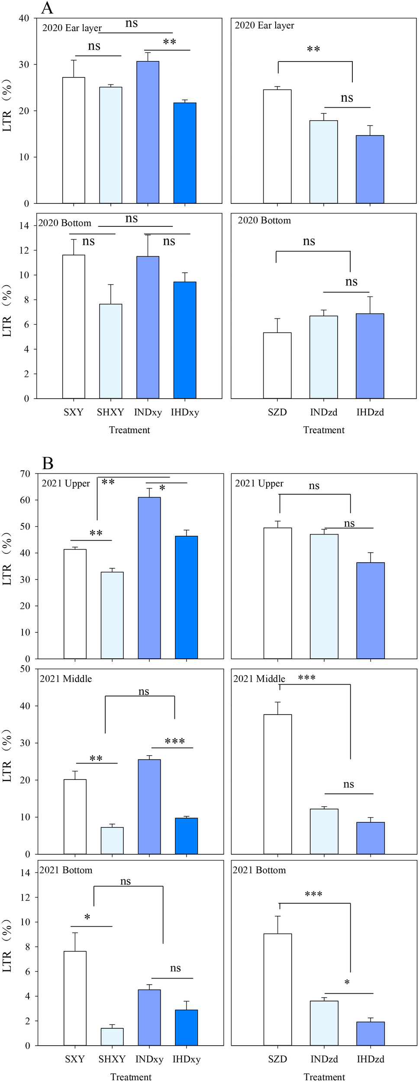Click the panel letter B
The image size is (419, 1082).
click(48, 464)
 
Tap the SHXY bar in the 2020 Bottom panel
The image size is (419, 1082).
click(111, 351)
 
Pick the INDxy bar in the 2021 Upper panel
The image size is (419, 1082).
click(149, 578)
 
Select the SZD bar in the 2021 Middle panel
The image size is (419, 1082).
click(277, 784)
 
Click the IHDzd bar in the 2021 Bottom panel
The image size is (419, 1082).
click(371, 1034)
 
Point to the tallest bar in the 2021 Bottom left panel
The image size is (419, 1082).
click(75, 998)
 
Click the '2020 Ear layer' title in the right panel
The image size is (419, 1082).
click(264, 26)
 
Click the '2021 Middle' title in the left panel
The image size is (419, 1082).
click(66, 679)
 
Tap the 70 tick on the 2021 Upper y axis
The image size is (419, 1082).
click(25, 473)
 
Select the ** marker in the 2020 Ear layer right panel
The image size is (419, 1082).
click(313, 49)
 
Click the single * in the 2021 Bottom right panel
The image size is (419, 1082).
click(347, 983)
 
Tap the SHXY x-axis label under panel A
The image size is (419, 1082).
click(110, 412)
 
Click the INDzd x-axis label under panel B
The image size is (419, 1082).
click(324, 1059)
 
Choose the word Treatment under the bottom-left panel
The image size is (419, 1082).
click(131, 1077)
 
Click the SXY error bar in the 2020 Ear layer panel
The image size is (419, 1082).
click(74, 68)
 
